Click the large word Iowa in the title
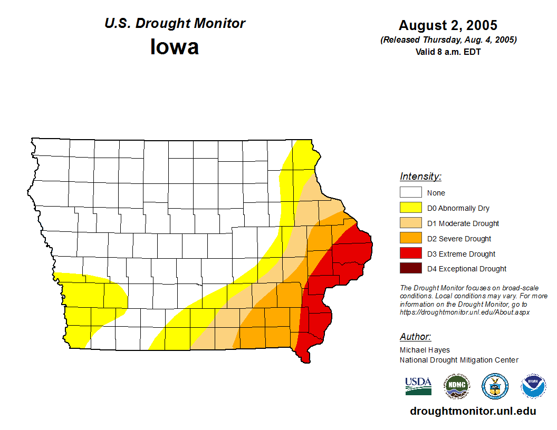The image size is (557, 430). [x=175, y=47]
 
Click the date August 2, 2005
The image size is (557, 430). [x=448, y=25]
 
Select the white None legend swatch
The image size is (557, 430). [x=410, y=193]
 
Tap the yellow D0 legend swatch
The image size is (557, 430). [x=410, y=208]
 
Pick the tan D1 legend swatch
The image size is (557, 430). [x=410, y=223]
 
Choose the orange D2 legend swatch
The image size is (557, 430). [x=410, y=239]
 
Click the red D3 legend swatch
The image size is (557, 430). [x=410, y=254]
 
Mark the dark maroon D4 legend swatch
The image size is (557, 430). [x=410, y=269]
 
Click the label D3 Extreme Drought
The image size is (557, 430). [x=461, y=254]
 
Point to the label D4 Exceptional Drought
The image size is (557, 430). [x=467, y=269]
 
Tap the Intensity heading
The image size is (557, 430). [x=420, y=177]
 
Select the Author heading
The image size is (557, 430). [x=415, y=337]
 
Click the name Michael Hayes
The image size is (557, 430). [x=425, y=350]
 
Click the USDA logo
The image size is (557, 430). [x=418, y=386]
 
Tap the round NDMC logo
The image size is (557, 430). [x=456, y=386]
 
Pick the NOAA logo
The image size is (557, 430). [x=533, y=386]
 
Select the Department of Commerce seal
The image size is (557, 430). [x=495, y=386]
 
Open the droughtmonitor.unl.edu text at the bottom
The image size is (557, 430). [x=473, y=411]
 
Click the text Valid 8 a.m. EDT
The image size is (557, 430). [x=448, y=52]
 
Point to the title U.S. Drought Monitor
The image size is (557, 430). [x=175, y=24]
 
